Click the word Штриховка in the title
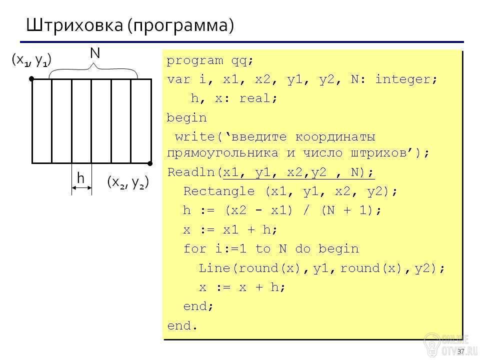tap(74, 25)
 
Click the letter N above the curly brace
tap(95, 53)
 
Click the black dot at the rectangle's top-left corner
tap(31, 79)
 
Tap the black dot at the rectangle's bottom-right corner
tap(150, 163)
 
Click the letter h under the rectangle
tap(81, 177)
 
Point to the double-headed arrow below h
tap(81, 187)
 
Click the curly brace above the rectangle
tap(93, 70)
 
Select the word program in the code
tap(195, 61)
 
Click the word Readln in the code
tap(191, 172)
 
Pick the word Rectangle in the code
tap(219, 191)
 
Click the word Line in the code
tap(214, 268)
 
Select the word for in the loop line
tap(195, 248)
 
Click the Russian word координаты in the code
tap(335, 137)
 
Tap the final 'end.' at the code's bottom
tap(182, 325)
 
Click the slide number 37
tap(461, 351)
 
